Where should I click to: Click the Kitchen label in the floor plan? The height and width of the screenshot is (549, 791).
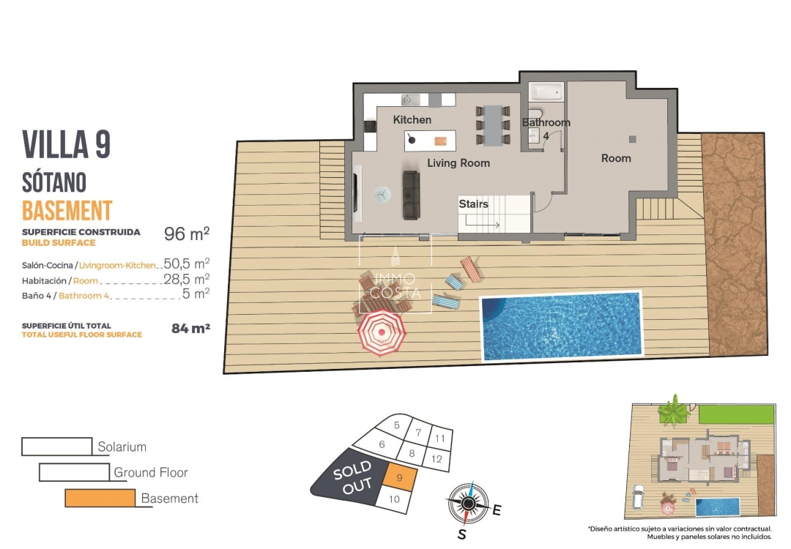pos(412,119)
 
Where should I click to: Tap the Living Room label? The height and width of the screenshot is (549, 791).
pos(458,163)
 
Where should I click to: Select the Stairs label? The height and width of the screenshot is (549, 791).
pos(473,204)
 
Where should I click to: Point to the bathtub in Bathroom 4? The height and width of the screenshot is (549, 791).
pos(546,92)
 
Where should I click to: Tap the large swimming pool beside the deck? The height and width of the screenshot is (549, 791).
pos(560,326)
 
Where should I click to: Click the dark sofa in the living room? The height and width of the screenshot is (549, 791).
pos(410,195)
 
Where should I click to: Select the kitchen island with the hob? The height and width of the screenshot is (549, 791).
pos(430,139)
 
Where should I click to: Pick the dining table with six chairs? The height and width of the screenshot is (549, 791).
pos(492,125)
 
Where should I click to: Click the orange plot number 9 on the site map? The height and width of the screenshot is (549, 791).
pos(399,478)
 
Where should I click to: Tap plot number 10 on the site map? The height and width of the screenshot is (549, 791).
pos(394,499)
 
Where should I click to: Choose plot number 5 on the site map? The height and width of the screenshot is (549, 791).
pos(396,425)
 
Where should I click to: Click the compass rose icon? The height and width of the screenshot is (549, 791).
pos(466,503)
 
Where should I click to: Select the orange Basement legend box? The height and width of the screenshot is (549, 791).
pos(100,498)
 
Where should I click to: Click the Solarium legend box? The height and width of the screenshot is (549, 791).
pos(58,447)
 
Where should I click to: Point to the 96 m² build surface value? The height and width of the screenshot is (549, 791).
pos(186,234)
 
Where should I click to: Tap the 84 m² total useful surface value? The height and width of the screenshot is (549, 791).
pos(190,329)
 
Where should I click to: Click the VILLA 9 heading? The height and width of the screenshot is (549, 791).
pos(67,144)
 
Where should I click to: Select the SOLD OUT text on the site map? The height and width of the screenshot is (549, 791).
pos(354,477)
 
